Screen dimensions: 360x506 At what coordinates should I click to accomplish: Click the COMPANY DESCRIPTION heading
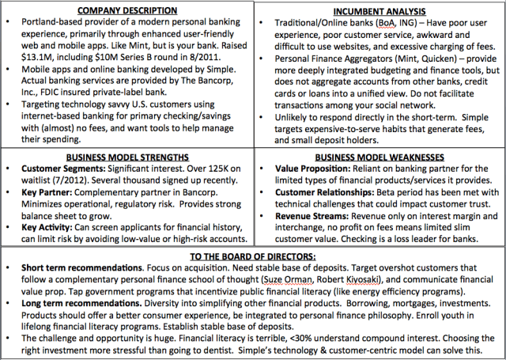tap(127, 9)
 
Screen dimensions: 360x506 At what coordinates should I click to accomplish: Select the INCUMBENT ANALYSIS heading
tap(380, 13)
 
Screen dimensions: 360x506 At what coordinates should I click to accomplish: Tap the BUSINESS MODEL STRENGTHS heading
tap(127, 157)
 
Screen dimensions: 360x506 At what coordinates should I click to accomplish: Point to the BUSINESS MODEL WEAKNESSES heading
tap(380, 157)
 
